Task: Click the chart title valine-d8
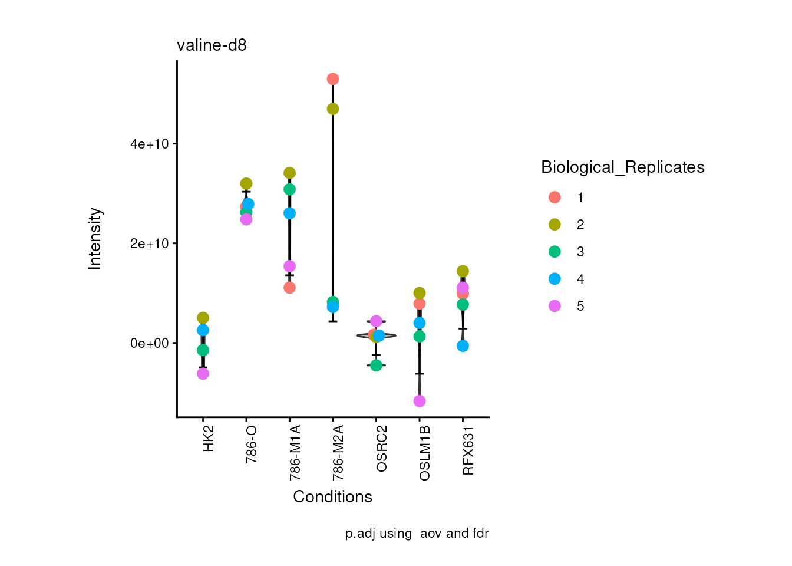(x=212, y=45)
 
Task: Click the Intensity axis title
(x=95, y=239)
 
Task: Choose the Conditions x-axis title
(x=332, y=497)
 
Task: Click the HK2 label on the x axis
(x=208, y=439)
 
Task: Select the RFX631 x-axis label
(x=468, y=450)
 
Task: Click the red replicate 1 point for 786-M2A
(x=333, y=79)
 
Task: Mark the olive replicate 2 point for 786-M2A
(x=333, y=109)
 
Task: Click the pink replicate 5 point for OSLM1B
(x=420, y=401)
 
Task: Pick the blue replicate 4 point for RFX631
(x=463, y=345)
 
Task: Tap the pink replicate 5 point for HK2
(x=203, y=373)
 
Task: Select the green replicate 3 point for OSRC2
(x=376, y=365)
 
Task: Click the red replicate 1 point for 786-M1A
(x=289, y=288)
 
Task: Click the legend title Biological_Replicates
(x=622, y=167)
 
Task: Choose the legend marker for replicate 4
(x=555, y=279)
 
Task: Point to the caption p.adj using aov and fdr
(x=417, y=534)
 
